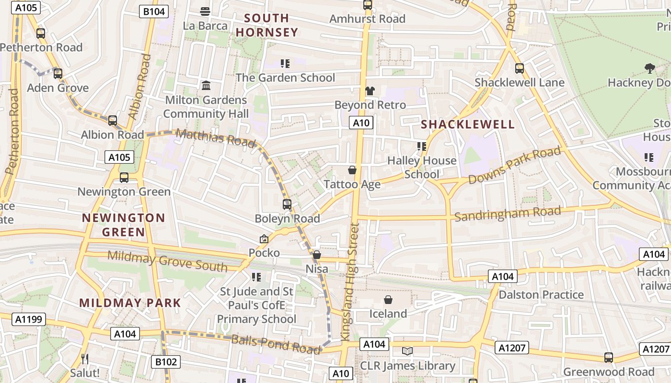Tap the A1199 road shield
coord(29,319)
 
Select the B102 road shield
coord(166,362)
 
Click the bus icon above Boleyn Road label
coord(287,204)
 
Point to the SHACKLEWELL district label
coord(468,124)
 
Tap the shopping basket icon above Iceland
coord(388,300)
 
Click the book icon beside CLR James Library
coord(407,351)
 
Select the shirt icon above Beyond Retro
coord(370,90)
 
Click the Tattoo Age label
coord(352,184)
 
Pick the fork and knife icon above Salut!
coord(85,359)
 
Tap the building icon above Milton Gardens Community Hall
coord(206,86)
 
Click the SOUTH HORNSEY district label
coord(266,25)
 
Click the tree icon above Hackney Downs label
coord(649,68)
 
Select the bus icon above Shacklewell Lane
coord(520,68)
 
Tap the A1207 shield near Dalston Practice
coord(512,348)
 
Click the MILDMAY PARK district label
coord(130,303)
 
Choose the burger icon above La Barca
coord(205,11)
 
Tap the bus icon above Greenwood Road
coord(608,357)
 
